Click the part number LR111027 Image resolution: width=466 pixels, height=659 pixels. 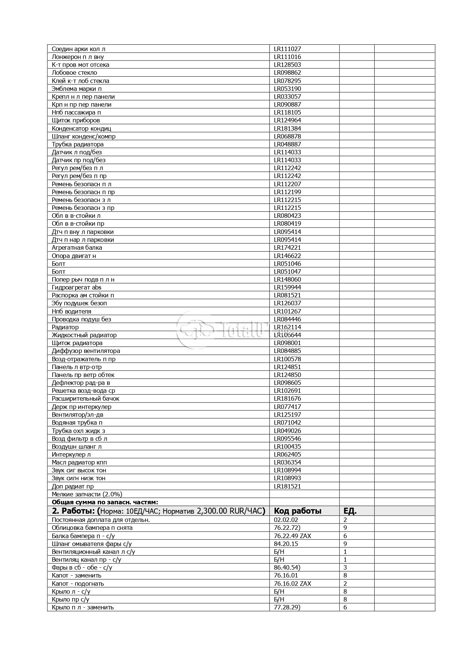(287, 49)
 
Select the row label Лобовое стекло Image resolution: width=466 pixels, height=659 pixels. (74, 72)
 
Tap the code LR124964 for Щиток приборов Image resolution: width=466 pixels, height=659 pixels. (287, 120)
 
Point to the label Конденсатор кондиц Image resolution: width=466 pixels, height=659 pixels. (81, 128)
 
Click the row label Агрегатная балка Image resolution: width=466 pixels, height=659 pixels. (77, 247)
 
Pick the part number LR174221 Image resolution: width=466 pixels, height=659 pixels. (287, 247)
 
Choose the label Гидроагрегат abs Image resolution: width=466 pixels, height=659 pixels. (76, 287)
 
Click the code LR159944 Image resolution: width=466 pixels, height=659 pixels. (287, 287)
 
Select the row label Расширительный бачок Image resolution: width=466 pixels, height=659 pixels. (85, 398)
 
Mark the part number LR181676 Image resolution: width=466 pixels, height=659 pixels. (287, 398)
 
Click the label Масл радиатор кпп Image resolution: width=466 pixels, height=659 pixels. (79, 462)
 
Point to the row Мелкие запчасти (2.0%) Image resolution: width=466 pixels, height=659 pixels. (87, 494)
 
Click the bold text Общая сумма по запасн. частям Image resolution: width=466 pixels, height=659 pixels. (105, 502)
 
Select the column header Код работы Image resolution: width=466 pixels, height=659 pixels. (297, 511)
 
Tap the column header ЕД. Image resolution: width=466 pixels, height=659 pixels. (350, 511)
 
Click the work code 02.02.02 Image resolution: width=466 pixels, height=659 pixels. (286, 520)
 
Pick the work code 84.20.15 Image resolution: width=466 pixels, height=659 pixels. (286, 544)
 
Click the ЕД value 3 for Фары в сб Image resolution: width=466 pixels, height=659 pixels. (345, 567)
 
